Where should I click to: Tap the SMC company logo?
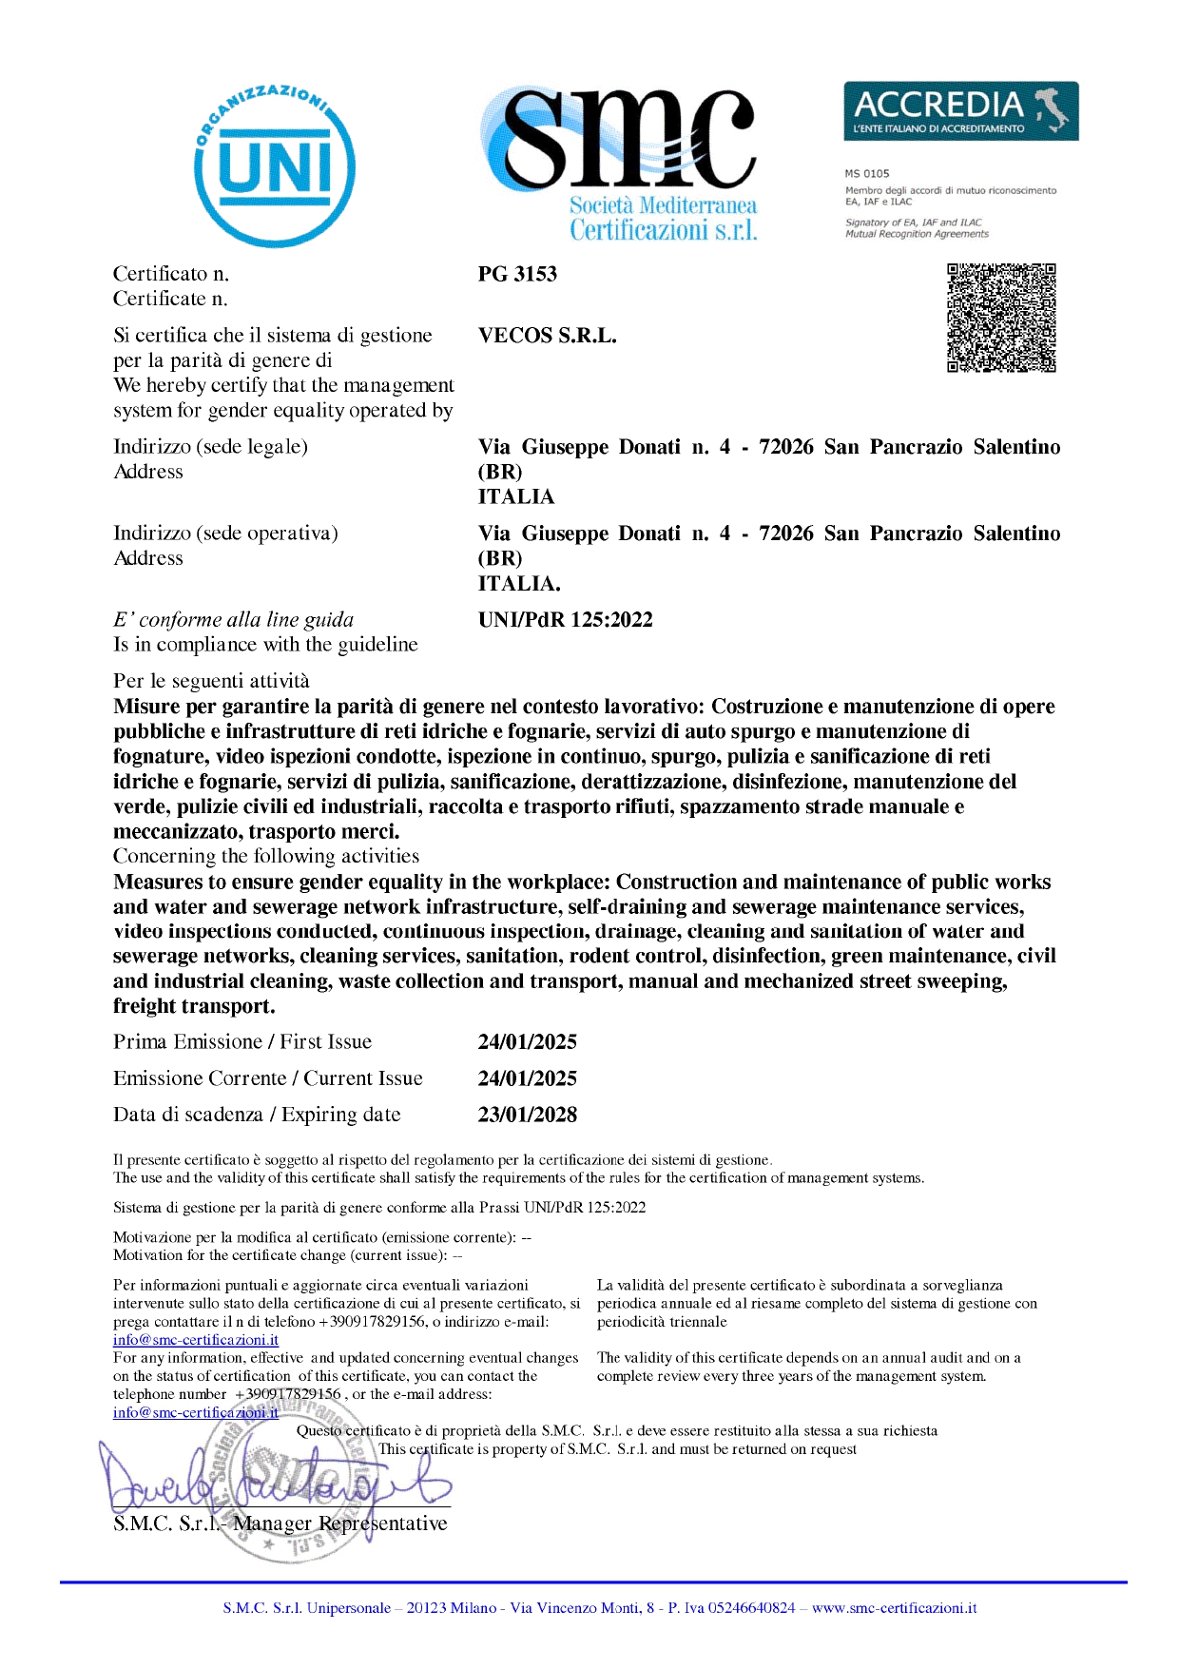tap(622, 162)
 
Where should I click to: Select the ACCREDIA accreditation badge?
tap(960, 111)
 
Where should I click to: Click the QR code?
tap(1001, 318)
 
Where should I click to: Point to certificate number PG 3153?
tap(517, 274)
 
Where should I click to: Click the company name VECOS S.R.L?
tap(547, 336)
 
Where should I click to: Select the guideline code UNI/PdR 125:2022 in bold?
tap(565, 620)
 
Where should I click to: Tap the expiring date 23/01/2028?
tap(527, 1115)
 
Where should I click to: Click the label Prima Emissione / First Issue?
tap(242, 1041)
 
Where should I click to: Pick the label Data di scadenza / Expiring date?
tap(257, 1115)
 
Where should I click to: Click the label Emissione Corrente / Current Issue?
tap(267, 1078)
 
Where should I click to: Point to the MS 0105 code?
tap(867, 173)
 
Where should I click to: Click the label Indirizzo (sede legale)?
tap(210, 447)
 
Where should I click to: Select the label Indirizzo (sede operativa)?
tap(225, 534)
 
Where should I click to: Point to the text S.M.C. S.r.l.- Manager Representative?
tap(280, 1523)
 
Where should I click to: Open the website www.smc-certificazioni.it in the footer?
tap(894, 1608)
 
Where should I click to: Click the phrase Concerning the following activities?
tap(266, 856)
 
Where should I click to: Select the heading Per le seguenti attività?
tap(211, 681)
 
